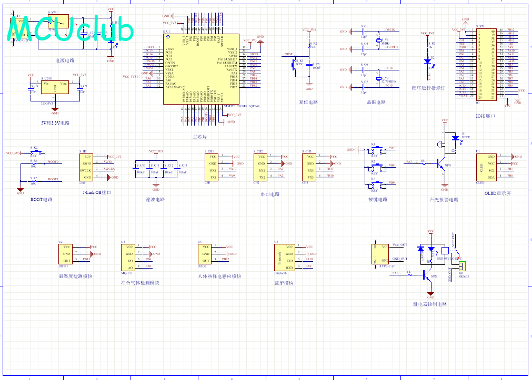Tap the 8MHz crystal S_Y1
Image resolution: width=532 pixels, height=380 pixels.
(x=378, y=40)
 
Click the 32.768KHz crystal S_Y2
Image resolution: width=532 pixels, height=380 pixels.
(x=378, y=79)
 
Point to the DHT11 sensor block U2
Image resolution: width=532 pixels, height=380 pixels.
(x=66, y=254)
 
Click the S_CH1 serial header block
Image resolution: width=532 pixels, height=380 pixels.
(x=212, y=166)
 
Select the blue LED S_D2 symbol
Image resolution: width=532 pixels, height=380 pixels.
(x=427, y=61)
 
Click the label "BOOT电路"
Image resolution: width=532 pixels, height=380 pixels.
(x=41, y=200)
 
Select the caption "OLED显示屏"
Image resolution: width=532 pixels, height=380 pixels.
(x=497, y=193)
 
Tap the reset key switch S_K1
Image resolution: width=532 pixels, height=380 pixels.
(x=294, y=65)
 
